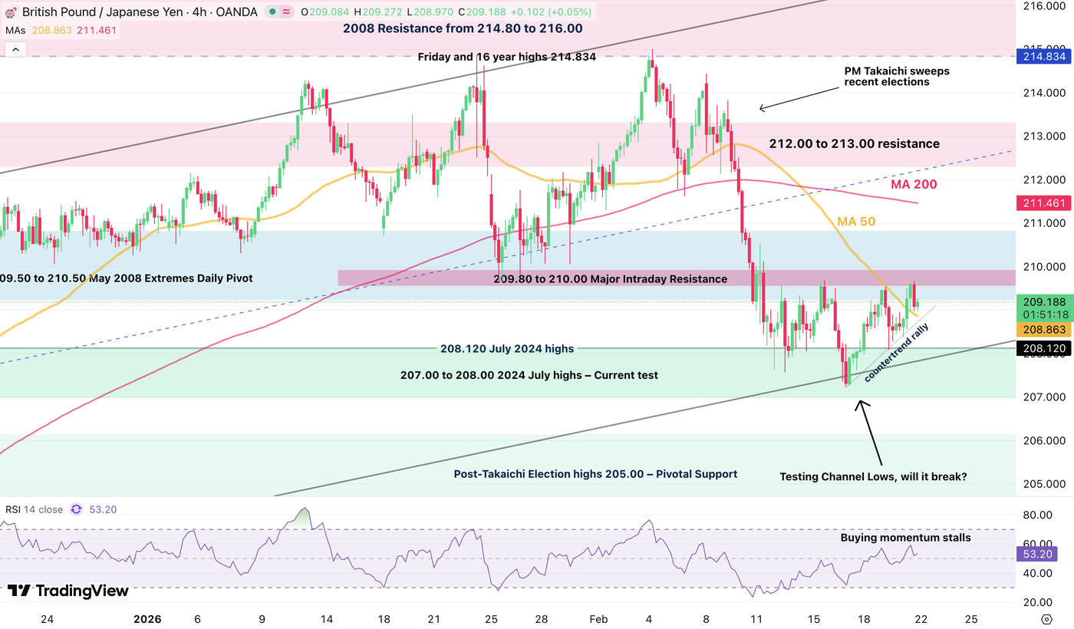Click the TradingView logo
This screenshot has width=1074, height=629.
(68, 591)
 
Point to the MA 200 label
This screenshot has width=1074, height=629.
(914, 185)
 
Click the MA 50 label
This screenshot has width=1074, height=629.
(856, 222)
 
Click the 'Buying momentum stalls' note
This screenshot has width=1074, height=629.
(905, 538)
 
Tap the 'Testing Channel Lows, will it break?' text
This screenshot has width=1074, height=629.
(873, 476)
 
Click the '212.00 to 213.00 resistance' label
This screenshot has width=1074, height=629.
(854, 143)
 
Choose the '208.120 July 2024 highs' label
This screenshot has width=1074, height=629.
(506, 349)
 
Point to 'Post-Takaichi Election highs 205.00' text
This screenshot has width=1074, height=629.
(595, 474)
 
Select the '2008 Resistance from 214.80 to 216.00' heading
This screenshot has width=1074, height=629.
(463, 28)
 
